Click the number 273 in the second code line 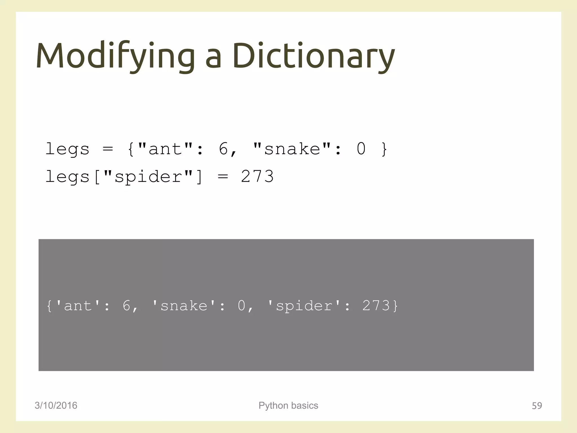coord(257,177)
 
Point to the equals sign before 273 coord(223,177)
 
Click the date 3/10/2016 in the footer coord(56,405)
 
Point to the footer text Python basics coord(288,405)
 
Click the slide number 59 coord(537,406)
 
